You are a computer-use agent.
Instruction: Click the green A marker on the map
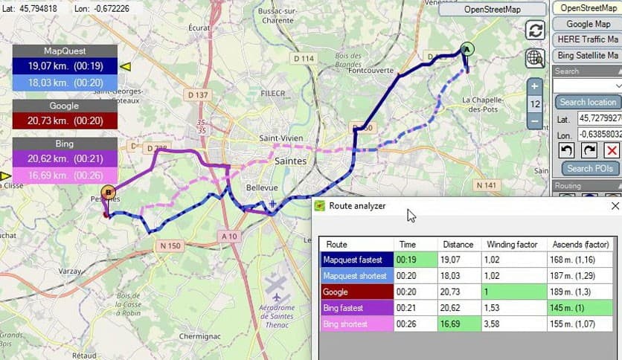pos(467,49)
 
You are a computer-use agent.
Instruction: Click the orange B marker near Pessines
pos(109,193)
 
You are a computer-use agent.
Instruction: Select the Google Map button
pos(588,24)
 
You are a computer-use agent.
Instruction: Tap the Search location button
pos(588,102)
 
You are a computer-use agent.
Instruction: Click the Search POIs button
pos(589,168)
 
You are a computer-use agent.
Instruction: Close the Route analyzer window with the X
pos(615,206)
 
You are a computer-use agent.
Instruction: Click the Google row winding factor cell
pos(513,292)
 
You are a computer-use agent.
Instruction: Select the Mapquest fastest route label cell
pos(356,260)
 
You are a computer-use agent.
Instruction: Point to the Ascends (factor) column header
pos(580,244)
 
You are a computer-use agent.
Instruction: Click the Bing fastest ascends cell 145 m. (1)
pos(580,308)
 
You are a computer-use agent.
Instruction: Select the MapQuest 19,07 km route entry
pos(65,66)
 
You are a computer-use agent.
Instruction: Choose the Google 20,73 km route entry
pos(65,120)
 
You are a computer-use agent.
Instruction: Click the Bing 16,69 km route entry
pos(65,176)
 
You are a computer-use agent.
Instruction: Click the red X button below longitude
pos(612,150)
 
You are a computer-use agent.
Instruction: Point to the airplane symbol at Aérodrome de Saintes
pos(276,286)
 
